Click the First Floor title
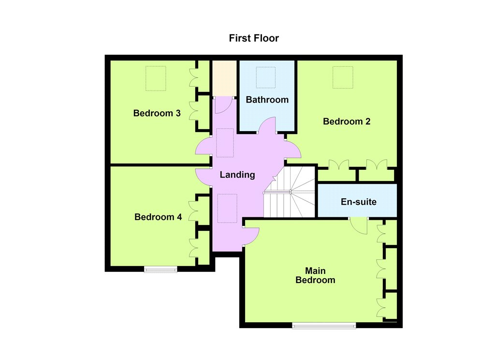click(x=254, y=38)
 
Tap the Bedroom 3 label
click(x=157, y=113)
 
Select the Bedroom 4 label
click(x=158, y=217)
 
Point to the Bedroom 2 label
click(x=347, y=121)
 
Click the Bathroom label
click(x=267, y=100)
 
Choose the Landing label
click(x=237, y=175)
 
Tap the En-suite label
click(x=359, y=202)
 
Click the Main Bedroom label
click(x=315, y=275)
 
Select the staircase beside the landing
click(x=290, y=192)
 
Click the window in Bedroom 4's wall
click(x=160, y=270)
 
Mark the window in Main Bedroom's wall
click(x=324, y=326)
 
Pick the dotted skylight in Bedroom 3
click(x=156, y=78)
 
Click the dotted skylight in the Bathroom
click(x=266, y=77)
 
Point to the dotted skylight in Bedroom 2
click(x=343, y=77)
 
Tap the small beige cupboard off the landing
click(x=224, y=78)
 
